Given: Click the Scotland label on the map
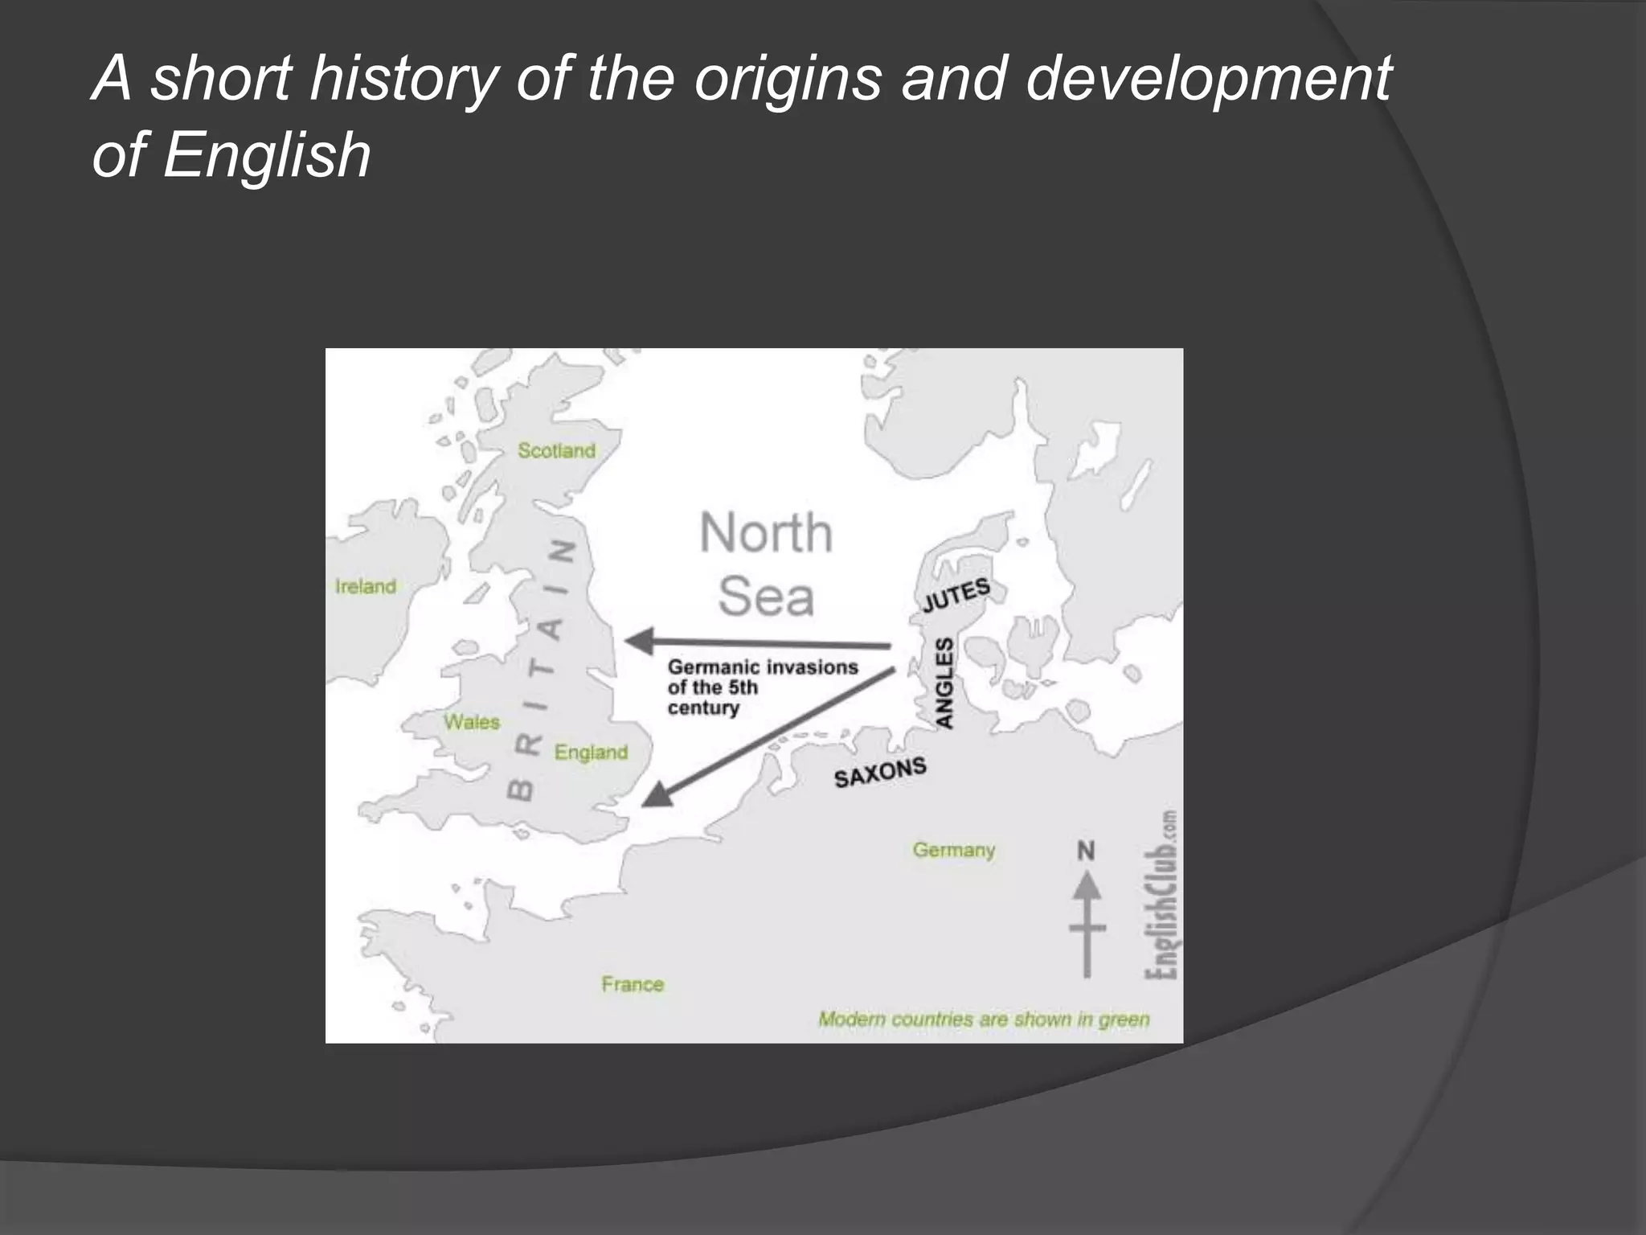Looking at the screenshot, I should [556, 450].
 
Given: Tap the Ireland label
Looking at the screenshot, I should [366, 586].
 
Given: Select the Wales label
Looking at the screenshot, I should [472, 722].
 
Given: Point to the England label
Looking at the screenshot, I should [591, 753].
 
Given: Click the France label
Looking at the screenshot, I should [633, 984].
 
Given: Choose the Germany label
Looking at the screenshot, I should [953, 850].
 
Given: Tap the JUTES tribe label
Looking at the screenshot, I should [956, 595].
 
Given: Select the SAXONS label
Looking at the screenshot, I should [880, 773].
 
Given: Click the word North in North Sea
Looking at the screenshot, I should [766, 533].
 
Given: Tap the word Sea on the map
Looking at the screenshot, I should [766, 597].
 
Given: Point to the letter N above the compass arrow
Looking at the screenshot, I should [1086, 851].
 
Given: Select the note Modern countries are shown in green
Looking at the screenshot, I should [984, 1020].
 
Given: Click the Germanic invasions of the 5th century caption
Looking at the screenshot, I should [762, 687].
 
